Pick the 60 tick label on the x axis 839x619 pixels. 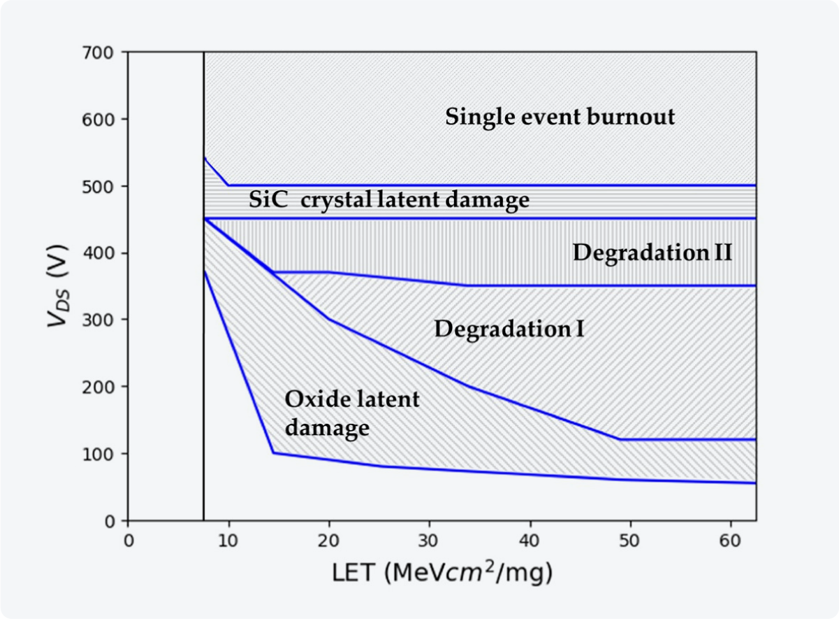coord(731,542)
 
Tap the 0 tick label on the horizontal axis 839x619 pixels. coord(128,542)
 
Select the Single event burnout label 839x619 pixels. coord(560,116)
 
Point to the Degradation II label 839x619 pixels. coord(652,252)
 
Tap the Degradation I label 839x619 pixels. coord(509,329)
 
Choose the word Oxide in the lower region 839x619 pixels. coord(312,399)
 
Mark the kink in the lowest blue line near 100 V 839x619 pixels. coord(273,453)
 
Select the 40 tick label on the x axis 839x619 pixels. coord(530,542)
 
